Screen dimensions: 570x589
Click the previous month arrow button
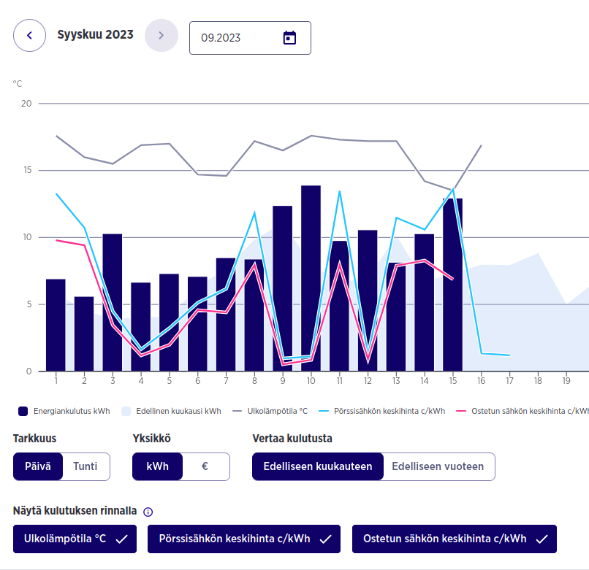[29, 35]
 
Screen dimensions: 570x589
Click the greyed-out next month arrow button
[161, 35]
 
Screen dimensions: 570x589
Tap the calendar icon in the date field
[289, 38]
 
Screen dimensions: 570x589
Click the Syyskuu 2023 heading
[95, 34]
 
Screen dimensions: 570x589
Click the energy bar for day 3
[113, 302]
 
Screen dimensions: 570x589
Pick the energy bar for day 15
[453, 285]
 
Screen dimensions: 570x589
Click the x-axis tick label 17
[509, 380]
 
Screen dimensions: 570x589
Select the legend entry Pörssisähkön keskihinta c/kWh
[384, 411]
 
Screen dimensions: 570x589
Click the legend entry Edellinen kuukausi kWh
[172, 411]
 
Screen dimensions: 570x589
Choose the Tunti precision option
[85, 466]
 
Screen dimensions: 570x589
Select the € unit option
[205, 466]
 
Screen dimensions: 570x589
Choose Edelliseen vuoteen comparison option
[438, 466]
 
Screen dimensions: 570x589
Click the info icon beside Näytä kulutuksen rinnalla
[148, 512]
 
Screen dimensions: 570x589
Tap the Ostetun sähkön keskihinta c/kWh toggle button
[454, 539]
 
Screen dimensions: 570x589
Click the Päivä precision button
[38, 466]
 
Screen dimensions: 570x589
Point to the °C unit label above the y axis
[17, 84]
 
